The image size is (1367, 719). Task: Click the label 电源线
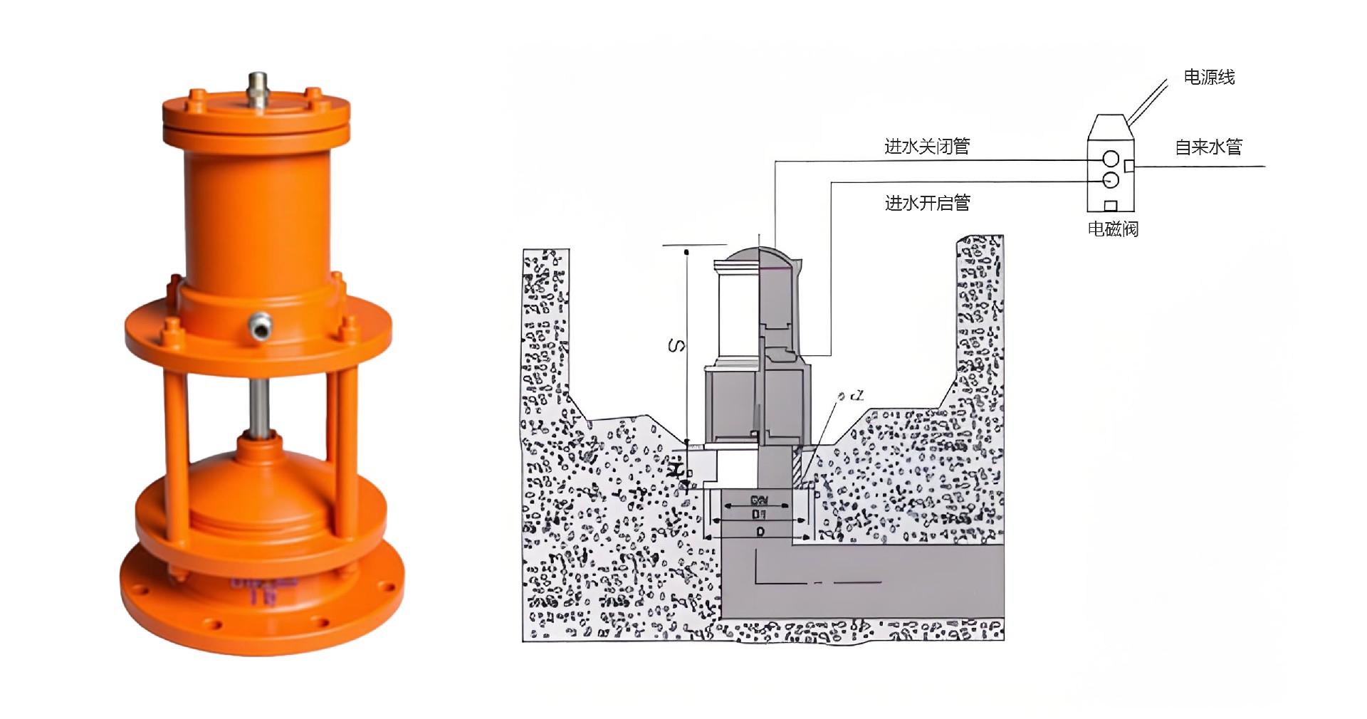tap(1208, 77)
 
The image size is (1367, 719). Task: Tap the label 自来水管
tap(1208, 147)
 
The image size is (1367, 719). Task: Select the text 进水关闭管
tap(926, 147)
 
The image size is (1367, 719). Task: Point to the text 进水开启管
tap(926, 204)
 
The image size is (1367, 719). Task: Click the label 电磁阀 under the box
tap(1112, 229)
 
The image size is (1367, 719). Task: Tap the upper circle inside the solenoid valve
tap(1110, 159)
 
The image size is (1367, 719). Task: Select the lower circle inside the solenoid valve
tap(1110, 180)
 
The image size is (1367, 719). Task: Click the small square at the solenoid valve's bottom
tap(1110, 206)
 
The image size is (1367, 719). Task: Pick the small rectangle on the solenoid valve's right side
tap(1128, 166)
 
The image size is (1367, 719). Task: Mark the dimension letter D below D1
tap(760, 532)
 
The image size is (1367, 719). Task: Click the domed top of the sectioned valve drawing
tap(758, 255)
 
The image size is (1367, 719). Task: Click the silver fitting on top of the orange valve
tap(258, 90)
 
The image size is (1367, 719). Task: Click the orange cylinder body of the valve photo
tap(256, 214)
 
